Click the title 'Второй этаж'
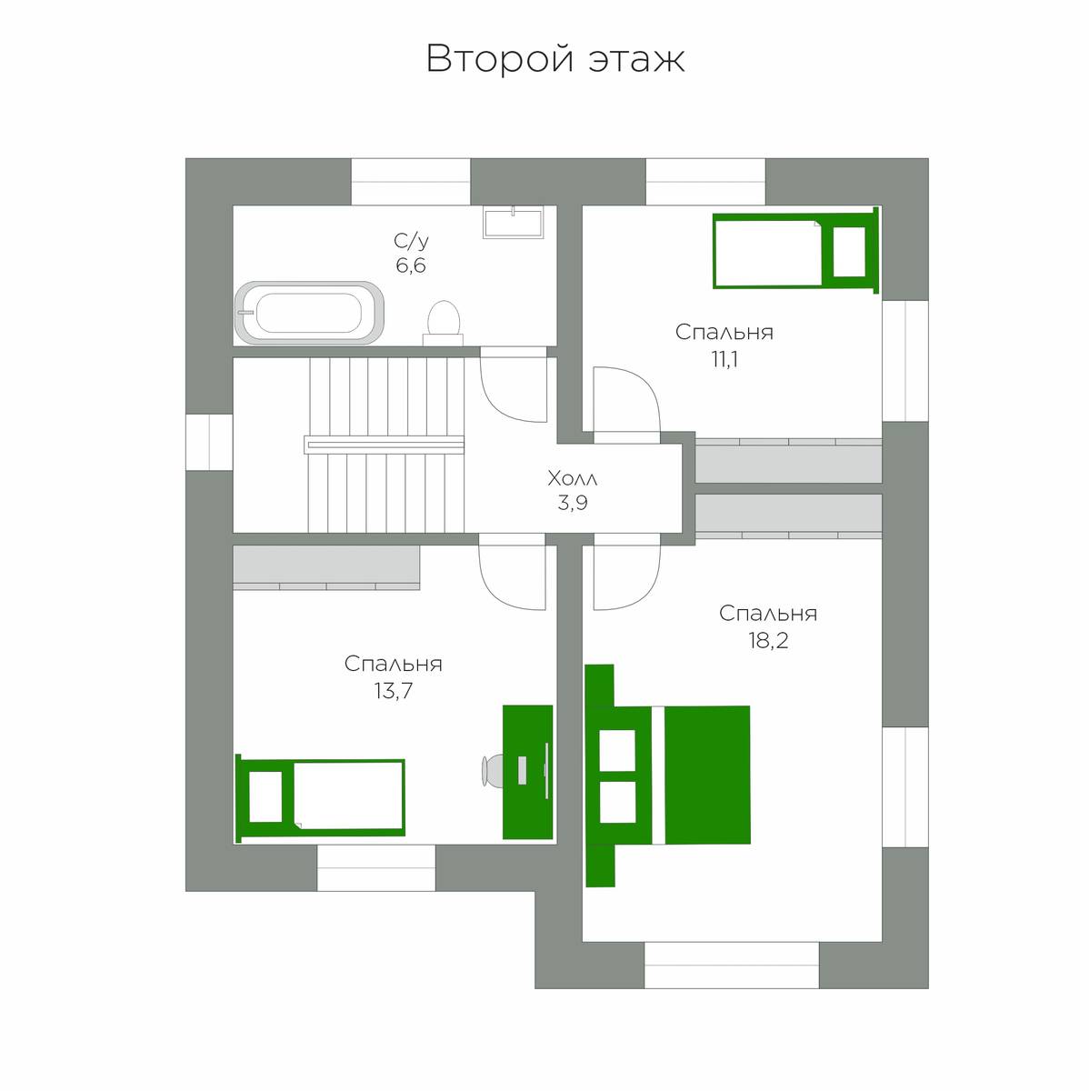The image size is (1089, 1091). point(555,58)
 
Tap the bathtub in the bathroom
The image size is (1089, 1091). point(309,313)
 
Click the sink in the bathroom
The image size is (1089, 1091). point(513,222)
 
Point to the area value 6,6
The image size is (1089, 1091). point(411,265)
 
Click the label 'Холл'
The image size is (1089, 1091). point(573,479)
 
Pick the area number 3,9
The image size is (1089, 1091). point(573,503)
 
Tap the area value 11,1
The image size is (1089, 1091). point(724,359)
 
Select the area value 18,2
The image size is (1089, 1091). point(768,640)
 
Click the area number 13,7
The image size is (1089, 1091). point(393,691)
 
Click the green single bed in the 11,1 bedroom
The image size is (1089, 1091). point(795,250)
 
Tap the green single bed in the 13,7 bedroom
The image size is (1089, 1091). point(320,797)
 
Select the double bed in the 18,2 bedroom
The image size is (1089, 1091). point(667,776)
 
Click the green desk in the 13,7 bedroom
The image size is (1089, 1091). point(528,772)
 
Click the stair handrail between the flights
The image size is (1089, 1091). point(384,445)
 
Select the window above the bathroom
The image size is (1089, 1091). point(411,182)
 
